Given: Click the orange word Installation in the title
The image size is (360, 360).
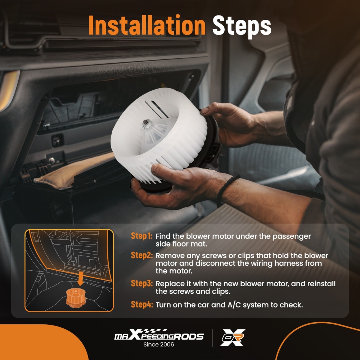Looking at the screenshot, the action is pos(147,25).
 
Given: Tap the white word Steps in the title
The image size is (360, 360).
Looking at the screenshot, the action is pos(242,27).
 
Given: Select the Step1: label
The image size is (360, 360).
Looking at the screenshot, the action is pos(141,236).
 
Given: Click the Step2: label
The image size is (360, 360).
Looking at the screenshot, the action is pos(141,255).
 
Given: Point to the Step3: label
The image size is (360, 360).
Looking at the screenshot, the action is pos(141,283).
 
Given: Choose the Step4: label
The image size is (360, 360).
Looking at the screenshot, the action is pos(141,305).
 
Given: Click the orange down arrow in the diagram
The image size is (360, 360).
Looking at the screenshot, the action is pos(80,278).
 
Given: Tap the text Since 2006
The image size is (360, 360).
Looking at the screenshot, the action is pos(159,345).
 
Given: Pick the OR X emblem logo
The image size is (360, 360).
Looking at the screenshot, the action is pos(233,337).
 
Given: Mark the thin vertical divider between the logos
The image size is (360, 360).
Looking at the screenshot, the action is pos(212,338).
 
